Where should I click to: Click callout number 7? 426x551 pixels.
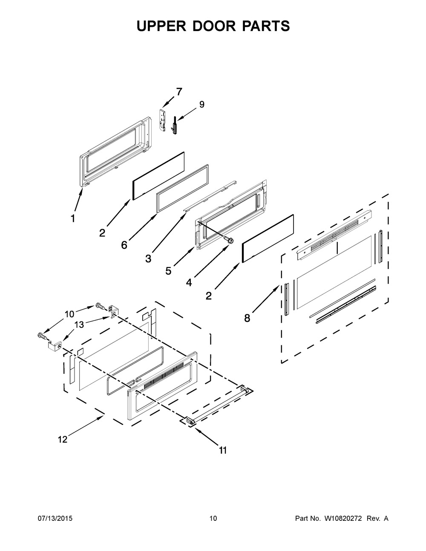point(179,91)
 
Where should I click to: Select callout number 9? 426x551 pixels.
point(201,104)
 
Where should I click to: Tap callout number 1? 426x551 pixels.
point(73,218)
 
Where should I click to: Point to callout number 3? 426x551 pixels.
point(148,258)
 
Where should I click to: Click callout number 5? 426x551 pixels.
point(169,270)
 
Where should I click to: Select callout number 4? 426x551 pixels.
point(189,282)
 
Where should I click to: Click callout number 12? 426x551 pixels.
point(63,439)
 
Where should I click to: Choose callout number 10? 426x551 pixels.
point(69,314)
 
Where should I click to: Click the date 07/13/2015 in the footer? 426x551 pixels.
point(55,519)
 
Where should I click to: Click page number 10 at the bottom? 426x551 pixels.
point(213,519)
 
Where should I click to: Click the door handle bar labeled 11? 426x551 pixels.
point(217,405)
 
